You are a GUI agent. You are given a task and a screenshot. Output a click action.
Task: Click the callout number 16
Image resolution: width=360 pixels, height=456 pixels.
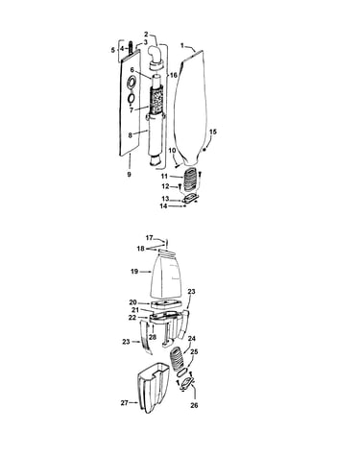(173, 75)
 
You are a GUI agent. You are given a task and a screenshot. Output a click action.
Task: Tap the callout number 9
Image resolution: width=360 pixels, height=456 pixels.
(129, 175)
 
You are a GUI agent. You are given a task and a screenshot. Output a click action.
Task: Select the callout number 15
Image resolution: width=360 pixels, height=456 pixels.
(213, 132)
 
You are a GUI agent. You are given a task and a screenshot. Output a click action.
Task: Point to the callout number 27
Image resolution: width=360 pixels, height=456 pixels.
(125, 403)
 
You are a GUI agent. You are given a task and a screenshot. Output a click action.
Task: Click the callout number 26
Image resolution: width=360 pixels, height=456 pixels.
(194, 405)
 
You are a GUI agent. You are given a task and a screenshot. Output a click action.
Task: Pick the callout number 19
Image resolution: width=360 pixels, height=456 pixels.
(134, 272)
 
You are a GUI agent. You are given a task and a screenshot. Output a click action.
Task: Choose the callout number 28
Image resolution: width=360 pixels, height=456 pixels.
(153, 337)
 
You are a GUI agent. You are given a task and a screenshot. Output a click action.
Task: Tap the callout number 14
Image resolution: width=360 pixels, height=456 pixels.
(163, 206)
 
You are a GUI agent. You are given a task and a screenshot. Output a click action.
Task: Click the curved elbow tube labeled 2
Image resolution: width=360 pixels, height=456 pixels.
(156, 57)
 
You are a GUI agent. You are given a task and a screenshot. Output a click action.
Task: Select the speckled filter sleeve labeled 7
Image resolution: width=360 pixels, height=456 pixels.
(156, 99)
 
